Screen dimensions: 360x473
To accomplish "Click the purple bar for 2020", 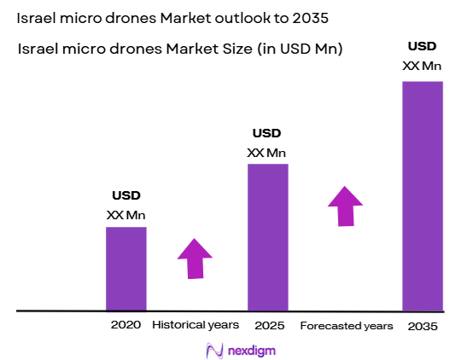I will (x=126, y=269).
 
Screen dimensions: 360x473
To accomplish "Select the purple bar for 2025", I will (x=267, y=237).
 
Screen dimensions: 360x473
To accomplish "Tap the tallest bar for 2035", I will (x=423, y=195).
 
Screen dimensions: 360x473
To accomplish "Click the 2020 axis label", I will (x=126, y=325).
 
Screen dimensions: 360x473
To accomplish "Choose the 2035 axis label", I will (x=422, y=325).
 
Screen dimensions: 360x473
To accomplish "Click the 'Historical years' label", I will (x=195, y=325).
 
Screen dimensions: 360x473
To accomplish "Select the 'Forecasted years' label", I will (x=347, y=326).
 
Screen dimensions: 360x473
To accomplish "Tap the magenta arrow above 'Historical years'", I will (x=195, y=258).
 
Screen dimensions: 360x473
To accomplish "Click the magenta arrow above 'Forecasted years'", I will (x=345, y=206).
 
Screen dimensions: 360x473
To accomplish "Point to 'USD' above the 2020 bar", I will (x=126, y=195).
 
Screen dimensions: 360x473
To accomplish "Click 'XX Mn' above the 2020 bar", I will (x=126, y=215).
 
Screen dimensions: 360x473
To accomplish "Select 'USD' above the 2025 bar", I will (x=266, y=133).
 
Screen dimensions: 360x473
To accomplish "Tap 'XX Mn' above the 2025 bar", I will (x=266, y=153).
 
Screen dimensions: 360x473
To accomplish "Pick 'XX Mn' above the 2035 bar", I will (x=422, y=66).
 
